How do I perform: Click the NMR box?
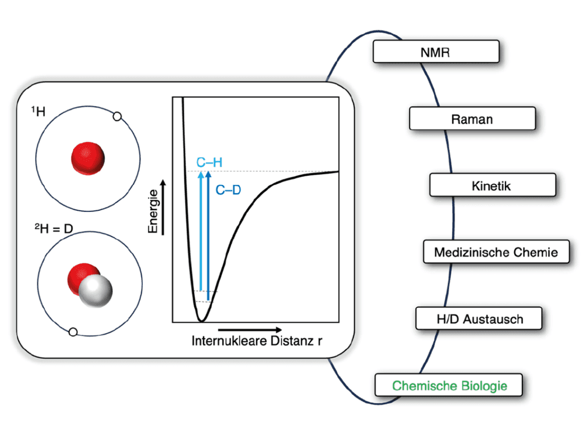click(436, 52)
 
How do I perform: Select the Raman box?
click(472, 118)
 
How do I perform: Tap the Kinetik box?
click(493, 185)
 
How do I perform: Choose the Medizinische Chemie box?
click(496, 252)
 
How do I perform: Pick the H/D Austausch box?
click(479, 319)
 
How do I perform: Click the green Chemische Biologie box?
click(449, 385)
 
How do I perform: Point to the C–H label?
click(209, 162)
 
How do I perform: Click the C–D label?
click(228, 190)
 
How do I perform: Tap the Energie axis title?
click(153, 211)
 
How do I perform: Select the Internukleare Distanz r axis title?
click(257, 341)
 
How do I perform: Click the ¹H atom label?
click(38, 111)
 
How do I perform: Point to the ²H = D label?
click(54, 228)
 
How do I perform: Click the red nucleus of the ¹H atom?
click(88, 158)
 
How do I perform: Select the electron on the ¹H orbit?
click(117, 117)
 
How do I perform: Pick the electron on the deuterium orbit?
click(73, 332)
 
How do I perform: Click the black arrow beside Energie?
click(163, 207)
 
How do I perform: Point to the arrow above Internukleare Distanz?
click(250, 330)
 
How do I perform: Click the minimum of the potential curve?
click(201, 320)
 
